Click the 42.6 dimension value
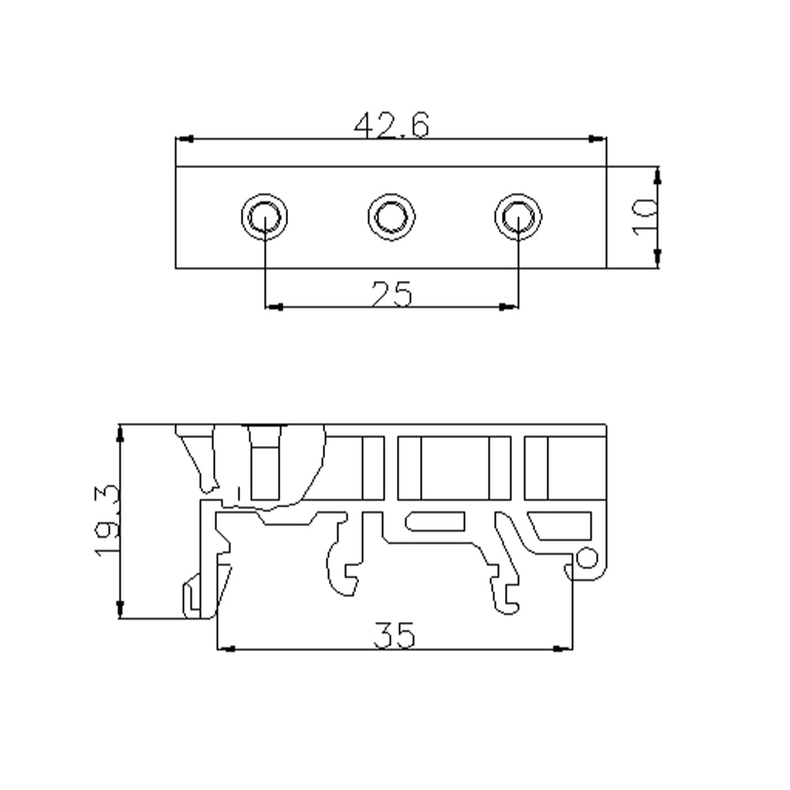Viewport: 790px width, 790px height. pos(391,125)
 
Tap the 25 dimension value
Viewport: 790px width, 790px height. pos(391,294)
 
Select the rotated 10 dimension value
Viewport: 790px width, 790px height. pos(645,218)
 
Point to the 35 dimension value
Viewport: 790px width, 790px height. pos(394,635)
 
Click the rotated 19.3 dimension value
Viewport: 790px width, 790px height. pos(107,521)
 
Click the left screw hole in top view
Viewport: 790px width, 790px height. pos(264,217)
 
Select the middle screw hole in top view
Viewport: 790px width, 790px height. pos(391,217)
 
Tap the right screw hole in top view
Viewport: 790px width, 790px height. pos(519,217)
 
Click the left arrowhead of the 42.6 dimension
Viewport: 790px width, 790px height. pos(184,139)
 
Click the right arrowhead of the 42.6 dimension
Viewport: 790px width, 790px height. pos(597,139)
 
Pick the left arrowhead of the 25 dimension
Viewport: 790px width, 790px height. pos(274,307)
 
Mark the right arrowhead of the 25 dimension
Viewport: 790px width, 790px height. pos(509,307)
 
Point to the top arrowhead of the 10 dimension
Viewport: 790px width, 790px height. pos(657,175)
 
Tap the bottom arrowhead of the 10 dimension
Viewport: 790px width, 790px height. pos(657,258)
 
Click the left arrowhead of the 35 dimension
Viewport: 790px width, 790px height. pos(226,649)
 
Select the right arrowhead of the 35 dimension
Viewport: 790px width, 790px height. pos(563,649)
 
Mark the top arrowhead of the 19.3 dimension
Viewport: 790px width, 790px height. pos(120,434)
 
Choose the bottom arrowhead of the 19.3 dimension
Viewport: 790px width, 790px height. pos(120,609)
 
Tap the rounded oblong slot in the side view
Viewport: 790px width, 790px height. pos(435,522)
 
